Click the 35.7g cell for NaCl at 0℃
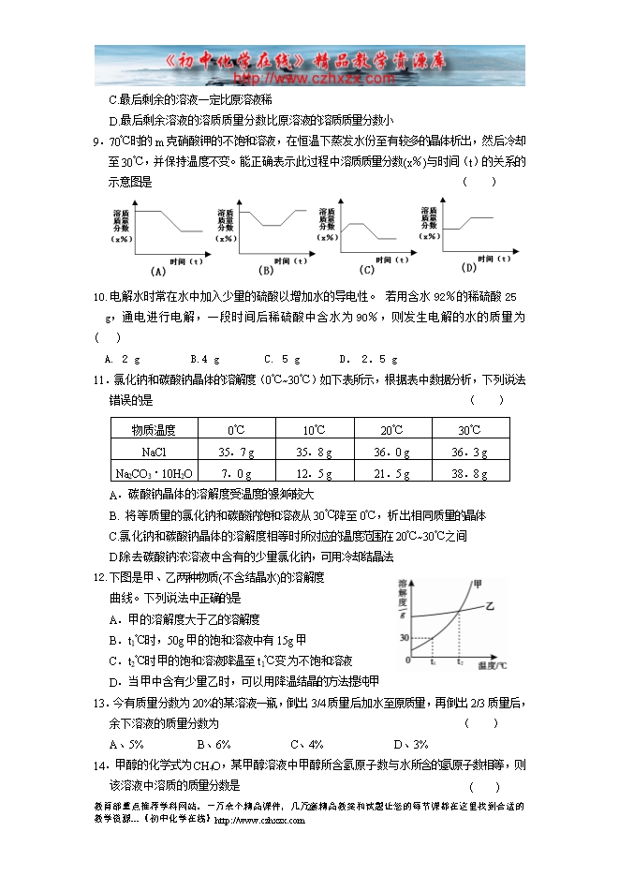(x=237, y=452)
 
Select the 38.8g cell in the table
(x=470, y=473)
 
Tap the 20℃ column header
(x=392, y=430)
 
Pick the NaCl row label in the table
(x=154, y=452)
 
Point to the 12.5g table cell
(x=315, y=473)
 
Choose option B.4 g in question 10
(x=205, y=359)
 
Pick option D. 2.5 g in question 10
(x=368, y=359)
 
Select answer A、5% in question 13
(x=126, y=745)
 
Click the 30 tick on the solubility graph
(x=405, y=638)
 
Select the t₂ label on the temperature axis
(x=460, y=662)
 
